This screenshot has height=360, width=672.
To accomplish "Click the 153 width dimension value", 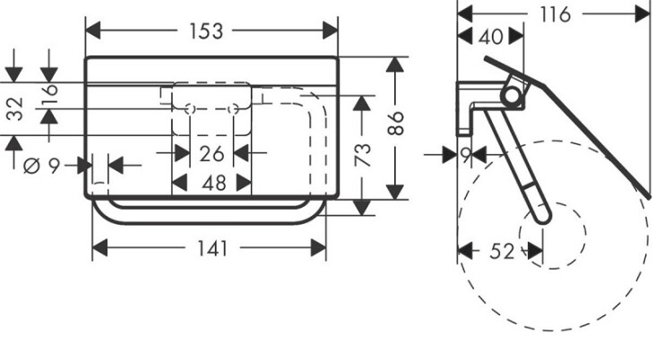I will tap(211, 31).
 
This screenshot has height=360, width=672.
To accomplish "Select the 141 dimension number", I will tap(211, 248).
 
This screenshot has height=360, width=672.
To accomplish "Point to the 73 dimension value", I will tap(362, 157).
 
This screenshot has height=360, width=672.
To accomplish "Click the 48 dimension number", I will tap(211, 183).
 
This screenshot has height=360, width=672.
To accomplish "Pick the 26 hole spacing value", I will tap(211, 154).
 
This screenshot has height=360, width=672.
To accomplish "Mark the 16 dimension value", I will tap(47, 90).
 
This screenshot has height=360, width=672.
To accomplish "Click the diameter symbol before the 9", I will tap(30, 165).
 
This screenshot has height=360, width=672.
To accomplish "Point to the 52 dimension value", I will tap(503, 252).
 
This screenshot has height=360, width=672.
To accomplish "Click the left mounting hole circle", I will tap(189, 109).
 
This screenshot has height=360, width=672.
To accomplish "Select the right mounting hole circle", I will tap(234, 109).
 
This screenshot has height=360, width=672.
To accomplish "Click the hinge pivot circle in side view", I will tap(511, 95).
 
